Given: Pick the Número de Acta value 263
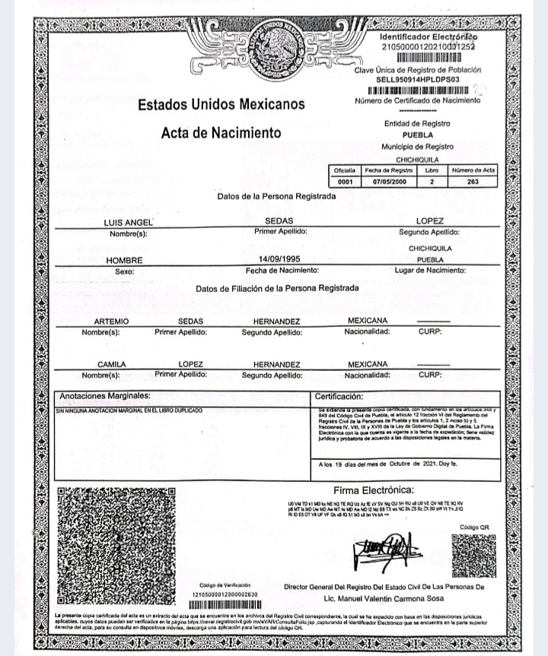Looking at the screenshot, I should (x=472, y=182).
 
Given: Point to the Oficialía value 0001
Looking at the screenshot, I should (x=345, y=182).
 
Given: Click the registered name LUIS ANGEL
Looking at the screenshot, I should (x=128, y=222).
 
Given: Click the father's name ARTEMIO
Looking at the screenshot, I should (x=111, y=322).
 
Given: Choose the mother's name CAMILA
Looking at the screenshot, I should (x=111, y=364).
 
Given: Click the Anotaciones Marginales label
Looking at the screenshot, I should (x=105, y=396).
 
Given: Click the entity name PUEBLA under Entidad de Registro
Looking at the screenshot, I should (x=417, y=135).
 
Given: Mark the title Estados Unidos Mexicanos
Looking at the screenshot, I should (x=221, y=104).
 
